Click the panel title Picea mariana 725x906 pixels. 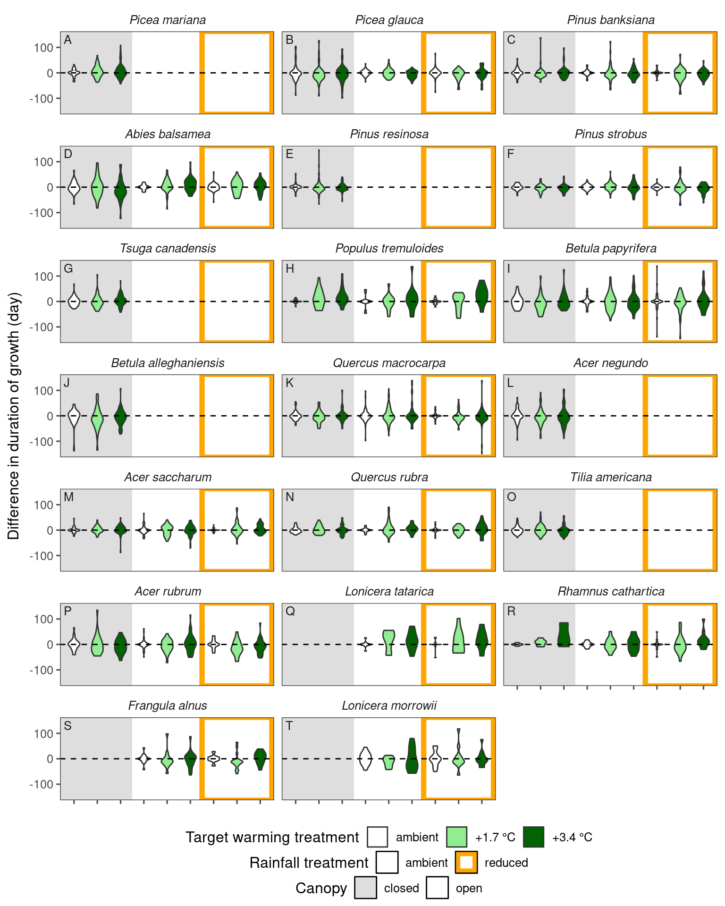click(x=168, y=20)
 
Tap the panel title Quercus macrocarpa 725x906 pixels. click(x=389, y=363)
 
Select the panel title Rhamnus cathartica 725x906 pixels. click(x=611, y=591)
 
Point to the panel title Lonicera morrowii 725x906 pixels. click(x=389, y=705)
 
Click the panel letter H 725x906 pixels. click(x=290, y=269)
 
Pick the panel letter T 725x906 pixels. click(x=290, y=726)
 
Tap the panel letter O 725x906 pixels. click(x=511, y=497)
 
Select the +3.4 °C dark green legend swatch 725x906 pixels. click(x=534, y=837)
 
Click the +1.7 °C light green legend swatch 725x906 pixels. click(x=456, y=837)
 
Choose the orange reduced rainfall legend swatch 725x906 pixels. click(x=466, y=863)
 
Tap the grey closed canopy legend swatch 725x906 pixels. click(x=366, y=888)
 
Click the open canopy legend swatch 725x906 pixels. click(x=437, y=888)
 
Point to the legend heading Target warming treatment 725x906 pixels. click(x=272, y=837)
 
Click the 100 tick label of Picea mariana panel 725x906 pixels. click(x=43, y=48)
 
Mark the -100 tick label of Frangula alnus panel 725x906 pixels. click(x=42, y=784)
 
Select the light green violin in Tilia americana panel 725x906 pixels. click(x=540, y=529)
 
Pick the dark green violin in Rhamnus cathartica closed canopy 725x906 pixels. click(x=564, y=635)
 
